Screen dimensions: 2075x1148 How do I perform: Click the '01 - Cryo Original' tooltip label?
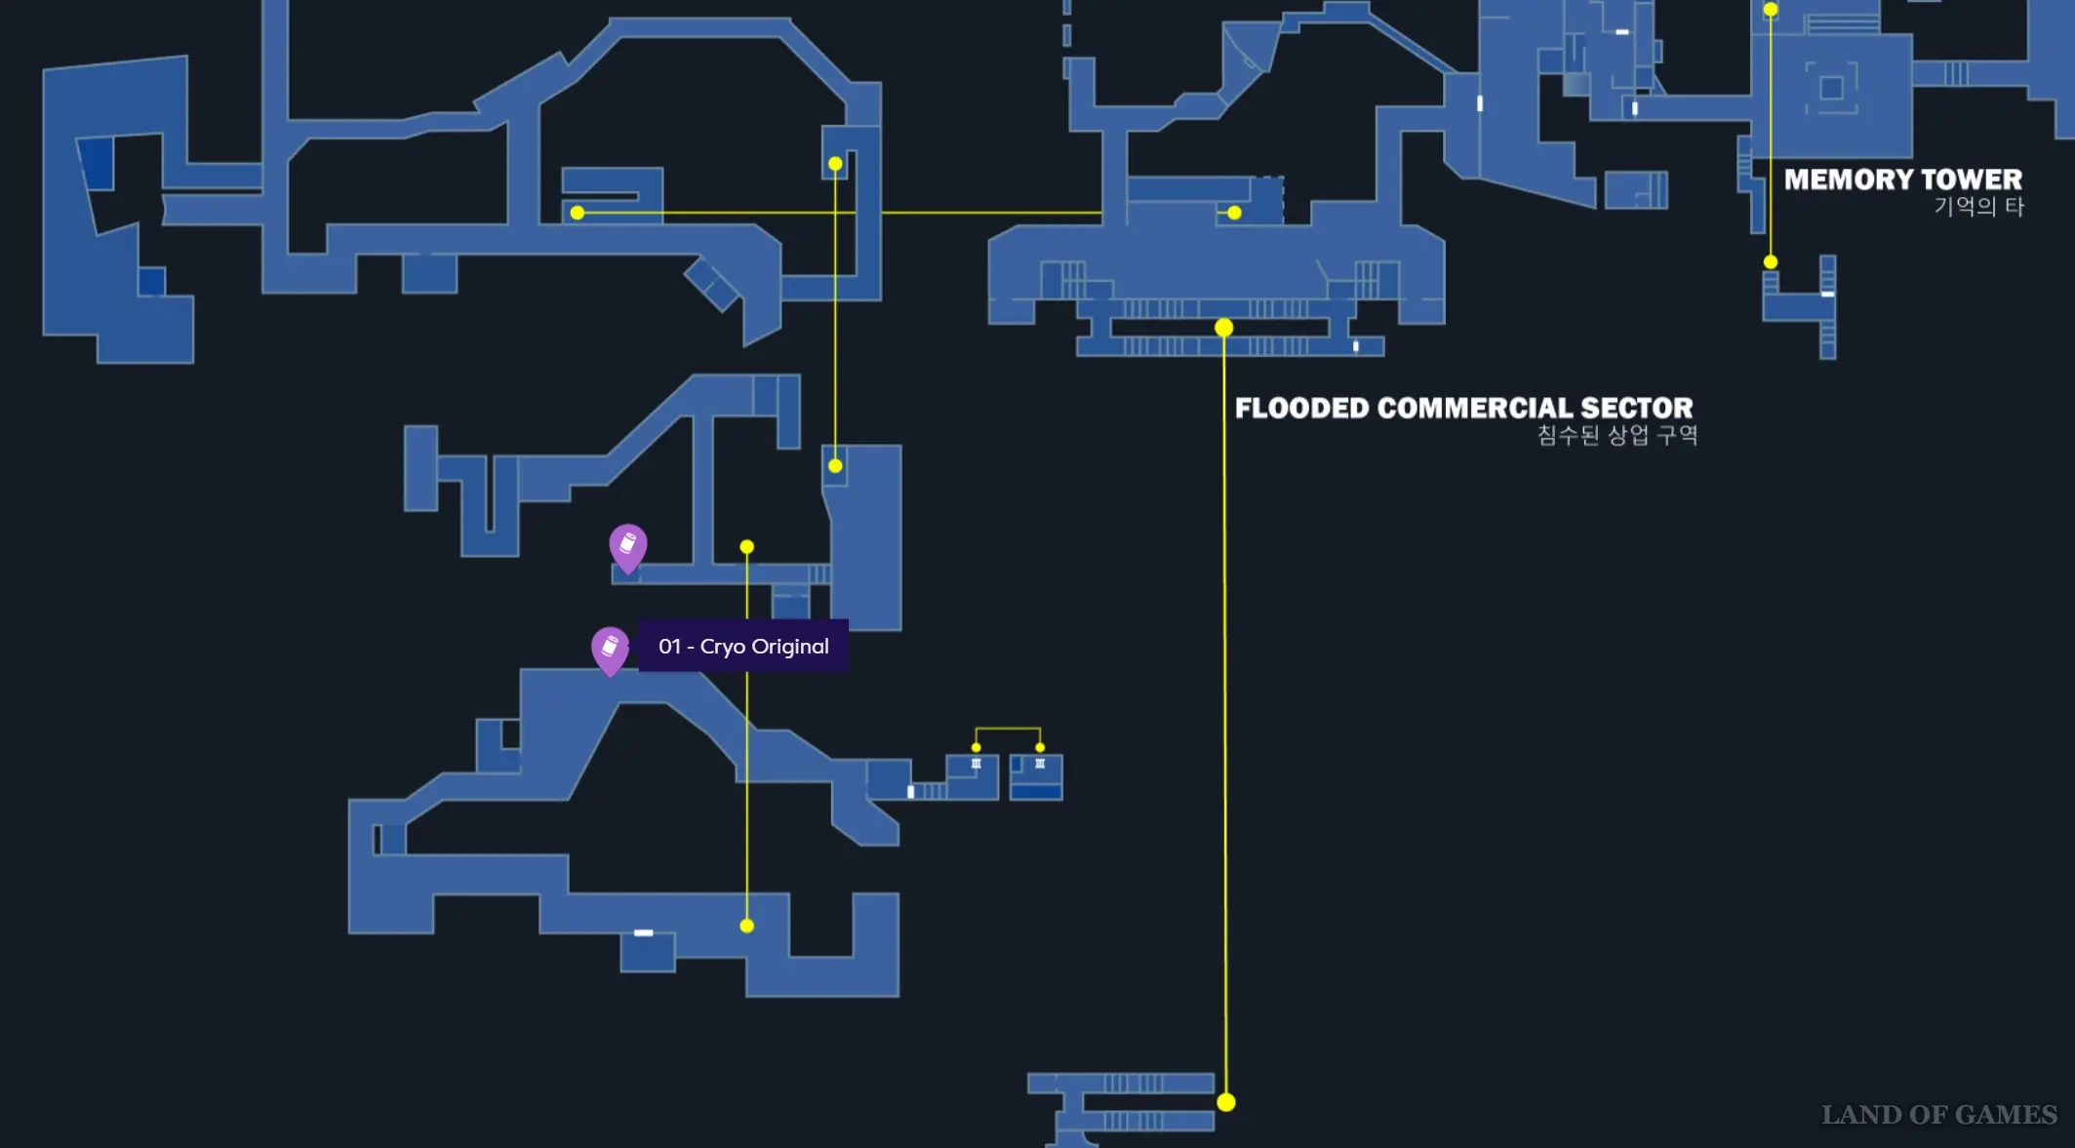(743, 646)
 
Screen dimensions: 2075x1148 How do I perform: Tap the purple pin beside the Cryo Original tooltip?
(610, 651)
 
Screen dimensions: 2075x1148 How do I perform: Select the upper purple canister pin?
(628, 548)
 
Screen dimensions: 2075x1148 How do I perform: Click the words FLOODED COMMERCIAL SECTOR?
(1463, 408)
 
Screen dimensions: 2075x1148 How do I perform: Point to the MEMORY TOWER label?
(1903, 179)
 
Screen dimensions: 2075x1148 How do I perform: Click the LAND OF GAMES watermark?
(1939, 1115)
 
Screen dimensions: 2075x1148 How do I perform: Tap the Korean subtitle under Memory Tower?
(1979, 207)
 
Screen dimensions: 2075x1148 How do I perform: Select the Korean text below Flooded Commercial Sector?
(1617, 435)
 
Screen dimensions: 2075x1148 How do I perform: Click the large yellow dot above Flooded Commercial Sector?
(1224, 328)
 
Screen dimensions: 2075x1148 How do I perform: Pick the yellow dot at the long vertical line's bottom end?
(1226, 1102)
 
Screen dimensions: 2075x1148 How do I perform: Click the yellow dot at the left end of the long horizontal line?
(578, 213)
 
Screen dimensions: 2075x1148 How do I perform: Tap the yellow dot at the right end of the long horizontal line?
(1235, 213)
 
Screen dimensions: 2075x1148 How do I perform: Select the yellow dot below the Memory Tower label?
(1771, 262)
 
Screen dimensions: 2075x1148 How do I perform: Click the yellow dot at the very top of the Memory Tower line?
(1771, 10)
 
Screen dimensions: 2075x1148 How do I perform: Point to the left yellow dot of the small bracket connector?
(976, 747)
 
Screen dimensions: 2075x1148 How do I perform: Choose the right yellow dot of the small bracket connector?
(1040, 747)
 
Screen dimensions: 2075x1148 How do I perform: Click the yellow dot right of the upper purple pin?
(747, 547)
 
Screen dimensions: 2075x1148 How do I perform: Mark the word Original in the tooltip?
(790, 647)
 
